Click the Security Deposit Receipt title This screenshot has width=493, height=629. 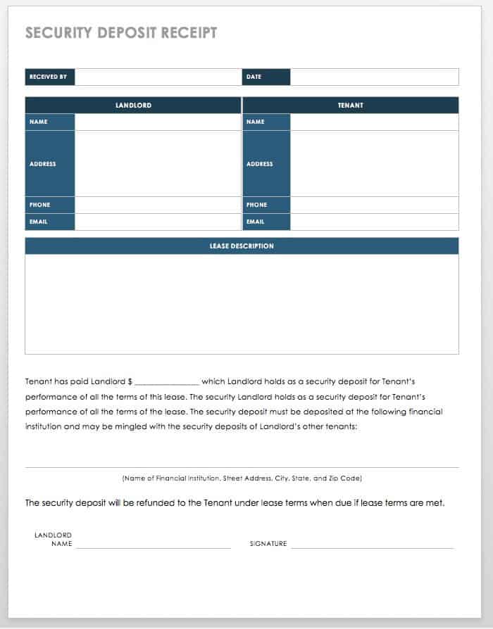tap(121, 33)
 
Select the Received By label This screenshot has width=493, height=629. tap(49, 77)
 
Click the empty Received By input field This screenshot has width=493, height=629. tap(158, 77)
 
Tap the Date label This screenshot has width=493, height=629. tap(254, 77)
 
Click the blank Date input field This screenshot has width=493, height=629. tap(374, 77)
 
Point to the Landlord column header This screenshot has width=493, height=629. tap(133, 106)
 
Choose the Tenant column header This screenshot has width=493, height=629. tap(350, 106)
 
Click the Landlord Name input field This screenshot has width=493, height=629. tap(158, 122)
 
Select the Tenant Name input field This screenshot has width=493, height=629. tap(374, 122)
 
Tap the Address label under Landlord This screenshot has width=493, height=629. tap(43, 164)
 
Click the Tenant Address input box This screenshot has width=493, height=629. tap(374, 163)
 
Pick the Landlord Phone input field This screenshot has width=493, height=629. tap(158, 205)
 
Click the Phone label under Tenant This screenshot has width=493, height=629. tap(257, 205)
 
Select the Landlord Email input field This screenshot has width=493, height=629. tap(158, 222)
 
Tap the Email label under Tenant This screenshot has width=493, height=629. tap(256, 222)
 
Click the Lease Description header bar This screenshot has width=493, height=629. tap(242, 246)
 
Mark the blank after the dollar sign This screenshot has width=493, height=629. tap(166, 382)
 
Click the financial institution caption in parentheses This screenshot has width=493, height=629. tap(242, 478)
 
